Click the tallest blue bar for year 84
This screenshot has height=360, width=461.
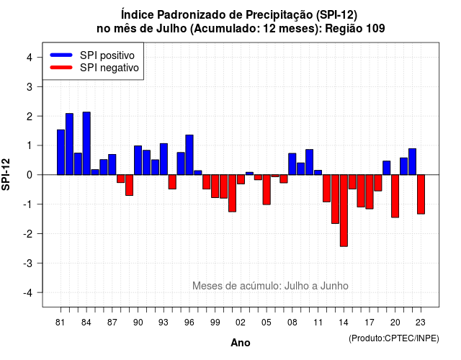click(86, 143)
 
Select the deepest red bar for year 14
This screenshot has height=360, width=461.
click(344, 210)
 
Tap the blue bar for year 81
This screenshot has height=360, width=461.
click(61, 152)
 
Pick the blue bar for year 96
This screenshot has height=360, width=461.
click(189, 155)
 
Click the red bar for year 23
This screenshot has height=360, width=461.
click(421, 194)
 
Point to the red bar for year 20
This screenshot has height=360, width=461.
click(395, 196)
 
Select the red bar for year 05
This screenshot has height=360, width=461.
click(267, 189)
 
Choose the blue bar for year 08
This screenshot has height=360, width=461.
click(292, 164)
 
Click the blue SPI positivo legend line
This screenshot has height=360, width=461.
click(61, 55)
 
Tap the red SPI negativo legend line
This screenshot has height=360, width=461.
click(61, 67)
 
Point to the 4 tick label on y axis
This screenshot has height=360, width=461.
click(30, 58)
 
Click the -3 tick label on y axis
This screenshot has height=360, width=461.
click(27, 263)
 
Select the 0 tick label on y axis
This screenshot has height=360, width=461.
click(30, 175)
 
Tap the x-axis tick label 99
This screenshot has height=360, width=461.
click(215, 323)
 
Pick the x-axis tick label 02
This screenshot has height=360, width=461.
click(241, 323)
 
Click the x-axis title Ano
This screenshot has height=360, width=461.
click(241, 343)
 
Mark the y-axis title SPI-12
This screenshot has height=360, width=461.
click(6, 174)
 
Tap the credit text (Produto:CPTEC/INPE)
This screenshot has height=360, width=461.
click(394, 338)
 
